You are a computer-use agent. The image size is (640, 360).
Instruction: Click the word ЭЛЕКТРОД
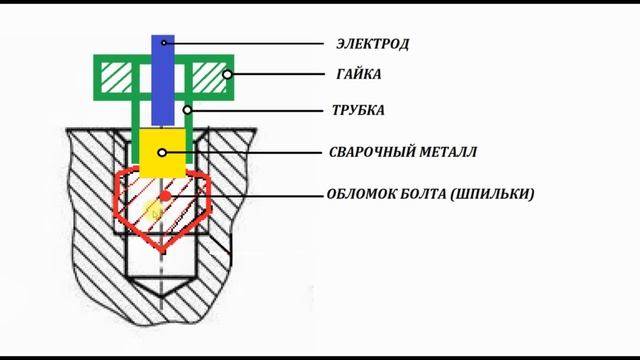click(x=374, y=44)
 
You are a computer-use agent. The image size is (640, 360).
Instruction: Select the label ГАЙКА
click(x=359, y=74)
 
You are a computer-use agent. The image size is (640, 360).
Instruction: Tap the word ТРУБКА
click(x=358, y=110)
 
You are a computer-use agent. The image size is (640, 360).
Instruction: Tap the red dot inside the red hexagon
click(x=165, y=194)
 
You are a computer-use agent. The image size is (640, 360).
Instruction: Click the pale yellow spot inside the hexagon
click(x=154, y=211)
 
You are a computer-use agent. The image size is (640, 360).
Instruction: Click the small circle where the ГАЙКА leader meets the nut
click(x=228, y=74)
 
